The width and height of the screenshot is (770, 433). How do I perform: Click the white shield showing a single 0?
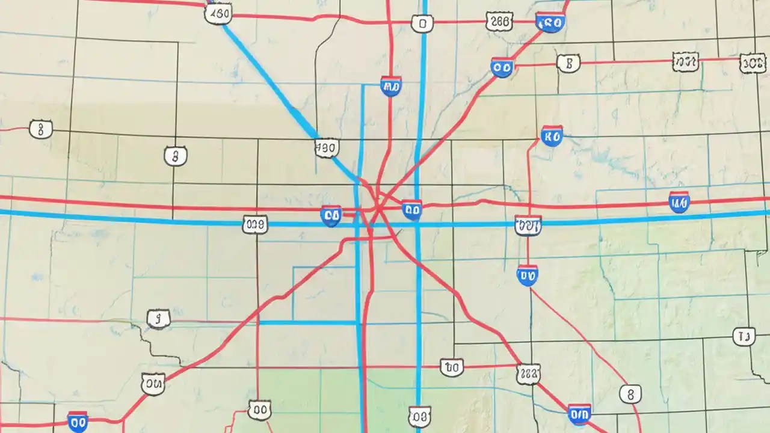(422, 24)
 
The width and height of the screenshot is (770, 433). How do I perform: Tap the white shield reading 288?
(499, 23)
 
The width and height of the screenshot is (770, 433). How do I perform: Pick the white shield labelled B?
(568, 63)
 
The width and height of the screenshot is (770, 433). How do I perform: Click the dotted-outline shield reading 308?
(753, 63)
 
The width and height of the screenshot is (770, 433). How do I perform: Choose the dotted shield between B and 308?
(685, 61)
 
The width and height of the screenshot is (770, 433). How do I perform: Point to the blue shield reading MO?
(390, 87)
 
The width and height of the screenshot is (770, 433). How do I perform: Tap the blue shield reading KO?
(551, 136)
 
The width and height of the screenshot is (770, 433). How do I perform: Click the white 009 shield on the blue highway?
(254, 225)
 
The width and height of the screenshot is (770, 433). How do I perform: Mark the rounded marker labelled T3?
(744, 337)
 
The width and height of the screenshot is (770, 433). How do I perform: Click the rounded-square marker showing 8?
(630, 395)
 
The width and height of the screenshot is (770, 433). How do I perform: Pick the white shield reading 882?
(528, 374)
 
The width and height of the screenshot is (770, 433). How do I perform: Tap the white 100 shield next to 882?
(451, 367)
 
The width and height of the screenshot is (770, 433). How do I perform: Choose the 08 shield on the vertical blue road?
(419, 416)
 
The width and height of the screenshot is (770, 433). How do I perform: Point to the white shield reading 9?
(159, 319)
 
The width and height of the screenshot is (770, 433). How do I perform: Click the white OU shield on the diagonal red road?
(153, 383)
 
